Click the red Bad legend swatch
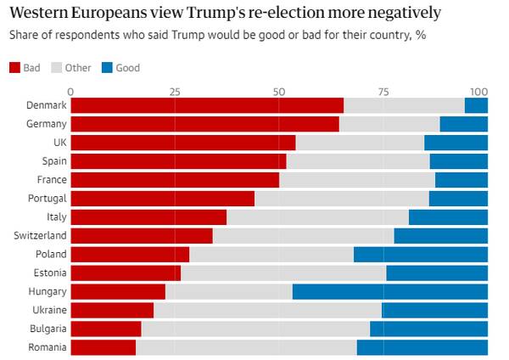tap(14, 67)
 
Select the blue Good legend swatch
tap(106, 67)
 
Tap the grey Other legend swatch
tap(57, 67)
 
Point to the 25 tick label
tap(175, 91)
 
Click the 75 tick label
tap(383, 91)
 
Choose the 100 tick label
tap(479, 91)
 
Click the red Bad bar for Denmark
tap(207, 105)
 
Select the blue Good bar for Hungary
tap(390, 291)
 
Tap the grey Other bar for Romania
tap(246, 347)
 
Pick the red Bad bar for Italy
tap(148, 217)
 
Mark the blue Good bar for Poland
tap(421, 254)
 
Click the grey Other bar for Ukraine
tap(267, 310)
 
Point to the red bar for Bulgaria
tap(106, 329)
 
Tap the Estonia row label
tap(48, 273)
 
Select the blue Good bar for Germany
tap(463, 124)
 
